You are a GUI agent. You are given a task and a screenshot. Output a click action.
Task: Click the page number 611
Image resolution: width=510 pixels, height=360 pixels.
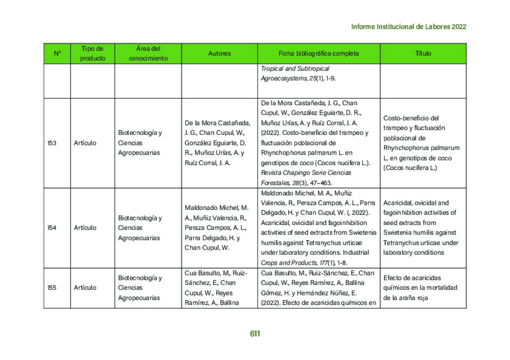255,333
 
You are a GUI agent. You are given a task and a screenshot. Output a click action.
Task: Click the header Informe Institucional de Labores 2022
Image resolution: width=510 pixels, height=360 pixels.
408,27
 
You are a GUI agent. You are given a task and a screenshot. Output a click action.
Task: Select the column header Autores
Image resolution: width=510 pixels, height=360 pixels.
219,53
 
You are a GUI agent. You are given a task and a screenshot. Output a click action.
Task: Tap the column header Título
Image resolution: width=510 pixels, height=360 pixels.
423,53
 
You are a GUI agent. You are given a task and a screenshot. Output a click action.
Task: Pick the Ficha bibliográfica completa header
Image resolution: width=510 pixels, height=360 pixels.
318,53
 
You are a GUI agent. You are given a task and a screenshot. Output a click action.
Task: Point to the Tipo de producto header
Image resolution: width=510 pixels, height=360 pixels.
93,53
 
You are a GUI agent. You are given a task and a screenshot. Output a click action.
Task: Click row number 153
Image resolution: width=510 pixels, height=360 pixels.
52,143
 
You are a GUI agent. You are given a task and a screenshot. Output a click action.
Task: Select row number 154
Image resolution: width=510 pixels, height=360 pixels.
52,228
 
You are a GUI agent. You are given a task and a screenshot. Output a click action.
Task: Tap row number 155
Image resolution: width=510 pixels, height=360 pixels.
52,287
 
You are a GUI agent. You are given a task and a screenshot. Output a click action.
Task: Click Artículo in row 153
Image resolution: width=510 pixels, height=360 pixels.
85,143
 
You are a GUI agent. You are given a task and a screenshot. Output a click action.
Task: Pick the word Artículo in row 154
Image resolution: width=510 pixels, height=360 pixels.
85,228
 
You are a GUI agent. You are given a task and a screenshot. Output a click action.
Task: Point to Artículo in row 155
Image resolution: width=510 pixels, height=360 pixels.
85,287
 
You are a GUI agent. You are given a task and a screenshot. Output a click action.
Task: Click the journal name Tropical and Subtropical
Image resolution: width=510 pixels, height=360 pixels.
295,68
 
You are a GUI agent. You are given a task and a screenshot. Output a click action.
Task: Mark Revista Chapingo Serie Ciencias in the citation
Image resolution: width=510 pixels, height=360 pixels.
306,173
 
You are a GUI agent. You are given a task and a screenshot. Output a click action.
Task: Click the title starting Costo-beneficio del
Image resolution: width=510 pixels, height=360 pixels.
411,118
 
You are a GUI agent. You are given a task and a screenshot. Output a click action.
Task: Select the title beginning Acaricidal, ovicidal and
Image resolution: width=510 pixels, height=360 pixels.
416,203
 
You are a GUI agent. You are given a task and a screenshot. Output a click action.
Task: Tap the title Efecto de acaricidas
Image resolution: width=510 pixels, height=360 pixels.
412,278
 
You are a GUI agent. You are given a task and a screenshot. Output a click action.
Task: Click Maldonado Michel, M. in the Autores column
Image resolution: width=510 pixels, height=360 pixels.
217,208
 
